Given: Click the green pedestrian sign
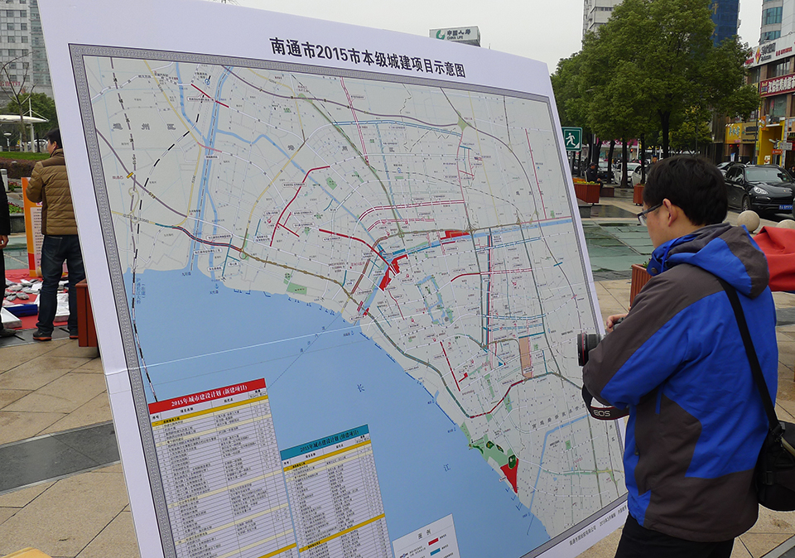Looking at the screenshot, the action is click(x=571, y=138).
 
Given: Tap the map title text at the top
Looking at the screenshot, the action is click(x=367, y=57).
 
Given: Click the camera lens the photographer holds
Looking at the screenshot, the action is click(x=586, y=348).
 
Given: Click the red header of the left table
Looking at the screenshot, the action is click(x=207, y=396).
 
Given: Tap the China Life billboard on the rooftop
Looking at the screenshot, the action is click(x=455, y=35).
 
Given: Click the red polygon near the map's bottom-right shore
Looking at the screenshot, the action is click(x=510, y=474).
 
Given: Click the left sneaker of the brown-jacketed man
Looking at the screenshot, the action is click(x=42, y=334).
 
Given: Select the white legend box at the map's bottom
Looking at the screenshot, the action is click(x=426, y=538).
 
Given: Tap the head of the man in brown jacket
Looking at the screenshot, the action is click(x=53, y=138).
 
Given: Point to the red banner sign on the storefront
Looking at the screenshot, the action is click(x=777, y=84).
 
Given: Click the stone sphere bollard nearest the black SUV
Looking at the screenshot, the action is click(x=749, y=220).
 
